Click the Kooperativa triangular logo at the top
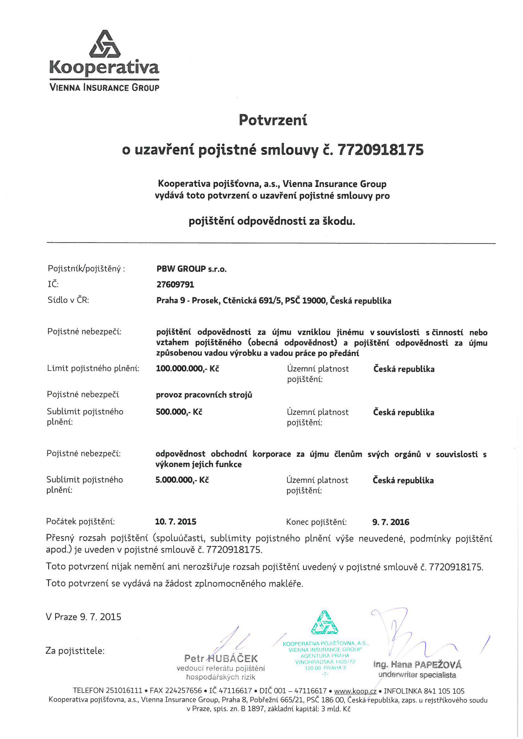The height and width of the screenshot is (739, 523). pos(105,45)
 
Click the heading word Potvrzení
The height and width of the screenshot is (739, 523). pos(273,120)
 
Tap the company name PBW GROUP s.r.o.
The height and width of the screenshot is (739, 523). pos(191,269)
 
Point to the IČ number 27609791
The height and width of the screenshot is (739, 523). pos(175,284)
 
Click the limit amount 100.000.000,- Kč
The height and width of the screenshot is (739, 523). pos(187,369)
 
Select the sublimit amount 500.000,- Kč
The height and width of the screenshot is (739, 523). pos(179,412)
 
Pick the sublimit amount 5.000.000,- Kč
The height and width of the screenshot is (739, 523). pos(182,480)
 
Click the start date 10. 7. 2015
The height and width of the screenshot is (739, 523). pos(176,522)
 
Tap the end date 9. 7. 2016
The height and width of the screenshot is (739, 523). pos(390,522)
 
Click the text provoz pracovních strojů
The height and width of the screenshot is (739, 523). pos(204,395)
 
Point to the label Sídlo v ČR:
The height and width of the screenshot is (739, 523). pos(68,300)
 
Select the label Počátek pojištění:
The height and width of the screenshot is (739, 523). pos(80,522)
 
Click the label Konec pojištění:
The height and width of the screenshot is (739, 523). pos(316,522)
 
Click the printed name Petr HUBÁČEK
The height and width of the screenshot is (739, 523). pos(221,658)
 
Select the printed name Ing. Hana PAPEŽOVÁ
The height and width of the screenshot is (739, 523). pos(417,665)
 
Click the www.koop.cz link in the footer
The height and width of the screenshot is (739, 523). pos(355,691)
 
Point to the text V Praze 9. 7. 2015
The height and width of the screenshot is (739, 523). pos(84,617)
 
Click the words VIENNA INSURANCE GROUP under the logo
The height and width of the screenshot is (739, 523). pos(104,88)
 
